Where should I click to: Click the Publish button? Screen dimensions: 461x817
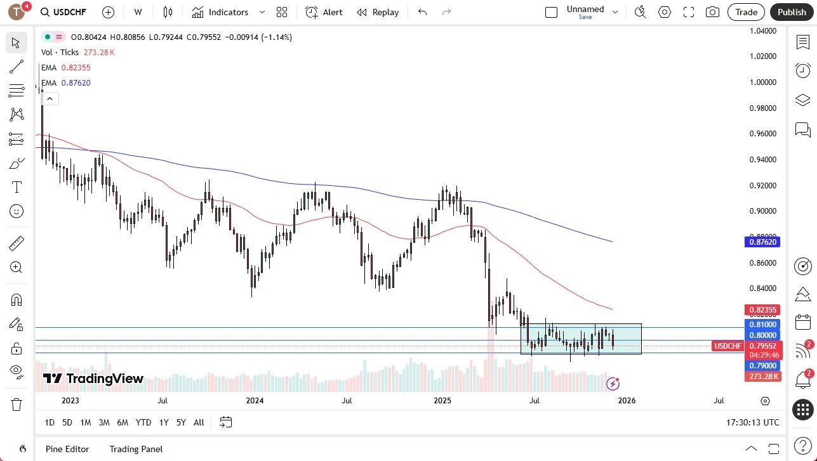[x=791, y=12]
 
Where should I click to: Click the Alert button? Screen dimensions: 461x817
[x=324, y=12]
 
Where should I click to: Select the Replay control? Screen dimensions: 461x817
[x=378, y=12]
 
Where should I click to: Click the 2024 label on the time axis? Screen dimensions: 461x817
[x=255, y=400]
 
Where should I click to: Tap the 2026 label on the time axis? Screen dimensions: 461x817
[x=627, y=400]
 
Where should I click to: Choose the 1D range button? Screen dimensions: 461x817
[x=50, y=422]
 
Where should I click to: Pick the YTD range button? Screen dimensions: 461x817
[x=143, y=422]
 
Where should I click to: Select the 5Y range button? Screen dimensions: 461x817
[x=181, y=422]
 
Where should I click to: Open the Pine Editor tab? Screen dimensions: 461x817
[x=67, y=449]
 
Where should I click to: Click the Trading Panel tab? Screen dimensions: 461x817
[x=136, y=449]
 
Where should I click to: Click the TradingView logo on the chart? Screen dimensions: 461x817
[x=93, y=379]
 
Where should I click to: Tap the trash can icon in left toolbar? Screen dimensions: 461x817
[x=17, y=405]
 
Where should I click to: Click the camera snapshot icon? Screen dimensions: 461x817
[x=713, y=12]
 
